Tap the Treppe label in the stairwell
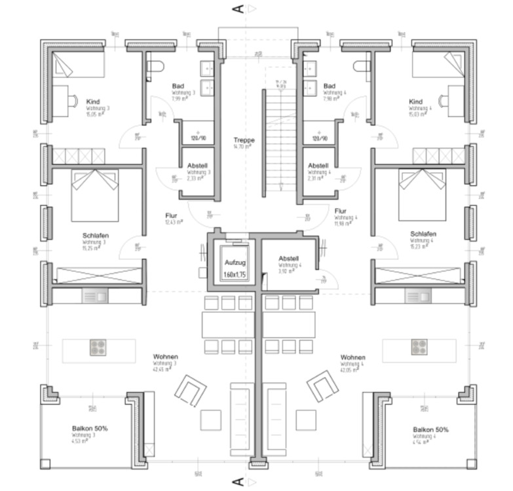pos(244,140)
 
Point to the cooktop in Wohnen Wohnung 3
pos(98,348)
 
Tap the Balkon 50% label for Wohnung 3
pos(90,428)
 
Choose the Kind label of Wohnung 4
pos(415,101)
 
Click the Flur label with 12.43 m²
pos(172,215)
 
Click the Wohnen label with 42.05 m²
pos(352,357)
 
